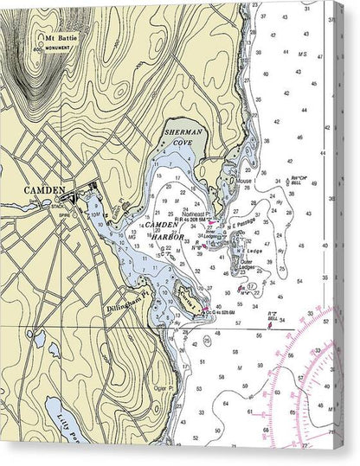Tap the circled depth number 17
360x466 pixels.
[x=251, y=284]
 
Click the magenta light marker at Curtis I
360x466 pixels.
[x=205, y=312]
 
